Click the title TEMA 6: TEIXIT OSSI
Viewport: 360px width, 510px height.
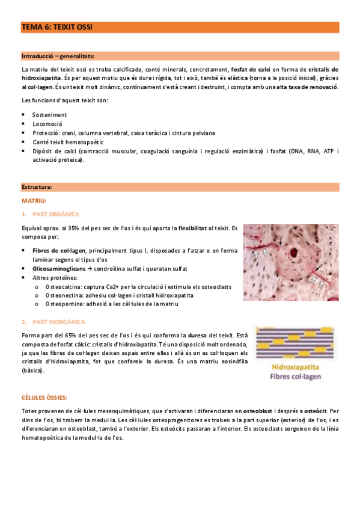[x=56, y=27]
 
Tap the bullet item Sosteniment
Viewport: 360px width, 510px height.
[x=49, y=114]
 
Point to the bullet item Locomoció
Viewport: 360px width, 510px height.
[x=48, y=123]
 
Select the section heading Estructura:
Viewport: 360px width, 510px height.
[x=37, y=187]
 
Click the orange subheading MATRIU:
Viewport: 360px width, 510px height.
[x=34, y=200]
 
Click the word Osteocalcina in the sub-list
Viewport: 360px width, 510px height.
[x=62, y=287]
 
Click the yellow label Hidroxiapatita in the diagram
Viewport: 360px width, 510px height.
[x=295, y=366]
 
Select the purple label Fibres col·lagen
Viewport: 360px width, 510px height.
[x=295, y=377]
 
